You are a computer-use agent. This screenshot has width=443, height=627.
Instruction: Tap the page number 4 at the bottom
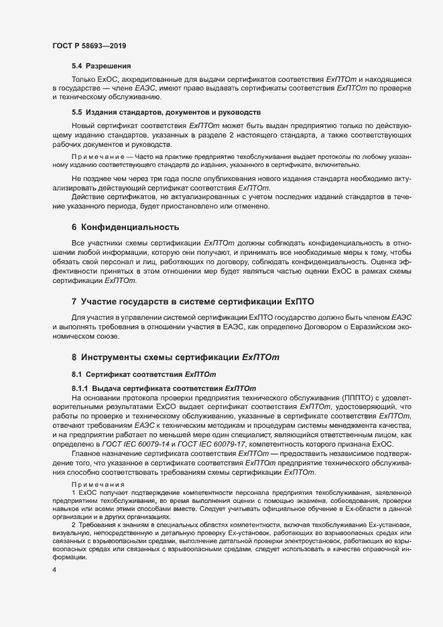(54, 571)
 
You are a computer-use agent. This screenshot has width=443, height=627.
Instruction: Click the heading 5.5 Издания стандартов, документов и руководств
(166, 111)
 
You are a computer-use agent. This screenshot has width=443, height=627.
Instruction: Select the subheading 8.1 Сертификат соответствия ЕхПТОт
(143, 374)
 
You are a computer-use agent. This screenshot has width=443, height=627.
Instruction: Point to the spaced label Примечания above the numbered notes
(94, 483)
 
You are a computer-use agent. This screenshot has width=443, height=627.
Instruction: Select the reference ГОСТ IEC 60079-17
(225, 445)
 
